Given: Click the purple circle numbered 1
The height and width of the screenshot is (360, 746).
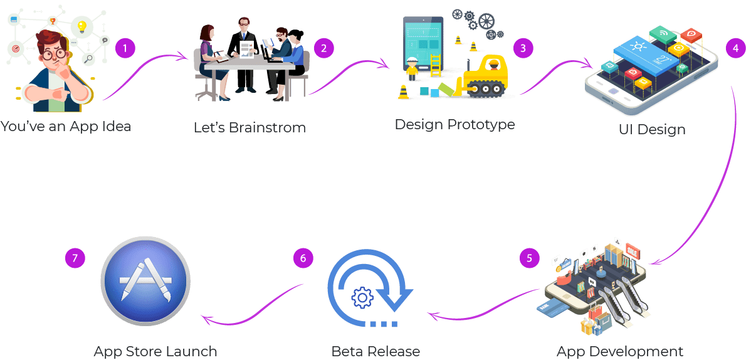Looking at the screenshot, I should pyautogui.click(x=125, y=48).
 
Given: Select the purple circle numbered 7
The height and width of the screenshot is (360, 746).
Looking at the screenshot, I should pyautogui.click(x=75, y=257).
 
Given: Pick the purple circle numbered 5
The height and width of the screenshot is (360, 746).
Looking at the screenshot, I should pyautogui.click(x=530, y=258).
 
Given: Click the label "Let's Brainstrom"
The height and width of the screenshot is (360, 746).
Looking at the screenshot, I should pyautogui.click(x=250, y=128).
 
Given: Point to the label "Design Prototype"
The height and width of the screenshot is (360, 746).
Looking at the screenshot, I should pyautogui.click(x=454, y=124).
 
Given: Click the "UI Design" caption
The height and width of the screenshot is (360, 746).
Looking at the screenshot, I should pyautogui.click(x=651, y=130).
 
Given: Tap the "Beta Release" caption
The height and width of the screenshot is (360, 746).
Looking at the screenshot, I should pyautogui.click(x=376, y=351).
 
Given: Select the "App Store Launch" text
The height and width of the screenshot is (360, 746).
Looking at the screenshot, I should pyautogui.click(x=155, y=351).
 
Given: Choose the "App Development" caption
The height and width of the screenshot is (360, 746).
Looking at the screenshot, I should pyautogui.click(x=619, y=351).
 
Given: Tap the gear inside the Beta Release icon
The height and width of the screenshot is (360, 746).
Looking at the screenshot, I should pyautogui.click(x=362, y=297).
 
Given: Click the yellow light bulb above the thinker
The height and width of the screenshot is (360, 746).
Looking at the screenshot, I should pyautogui.click(x=81, y=27).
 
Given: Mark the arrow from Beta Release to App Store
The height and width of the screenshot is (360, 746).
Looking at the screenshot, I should pyautogui.click(x=251, y=307).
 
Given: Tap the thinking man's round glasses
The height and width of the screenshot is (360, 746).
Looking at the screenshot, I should pyautogui.click(x=53, y=55).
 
